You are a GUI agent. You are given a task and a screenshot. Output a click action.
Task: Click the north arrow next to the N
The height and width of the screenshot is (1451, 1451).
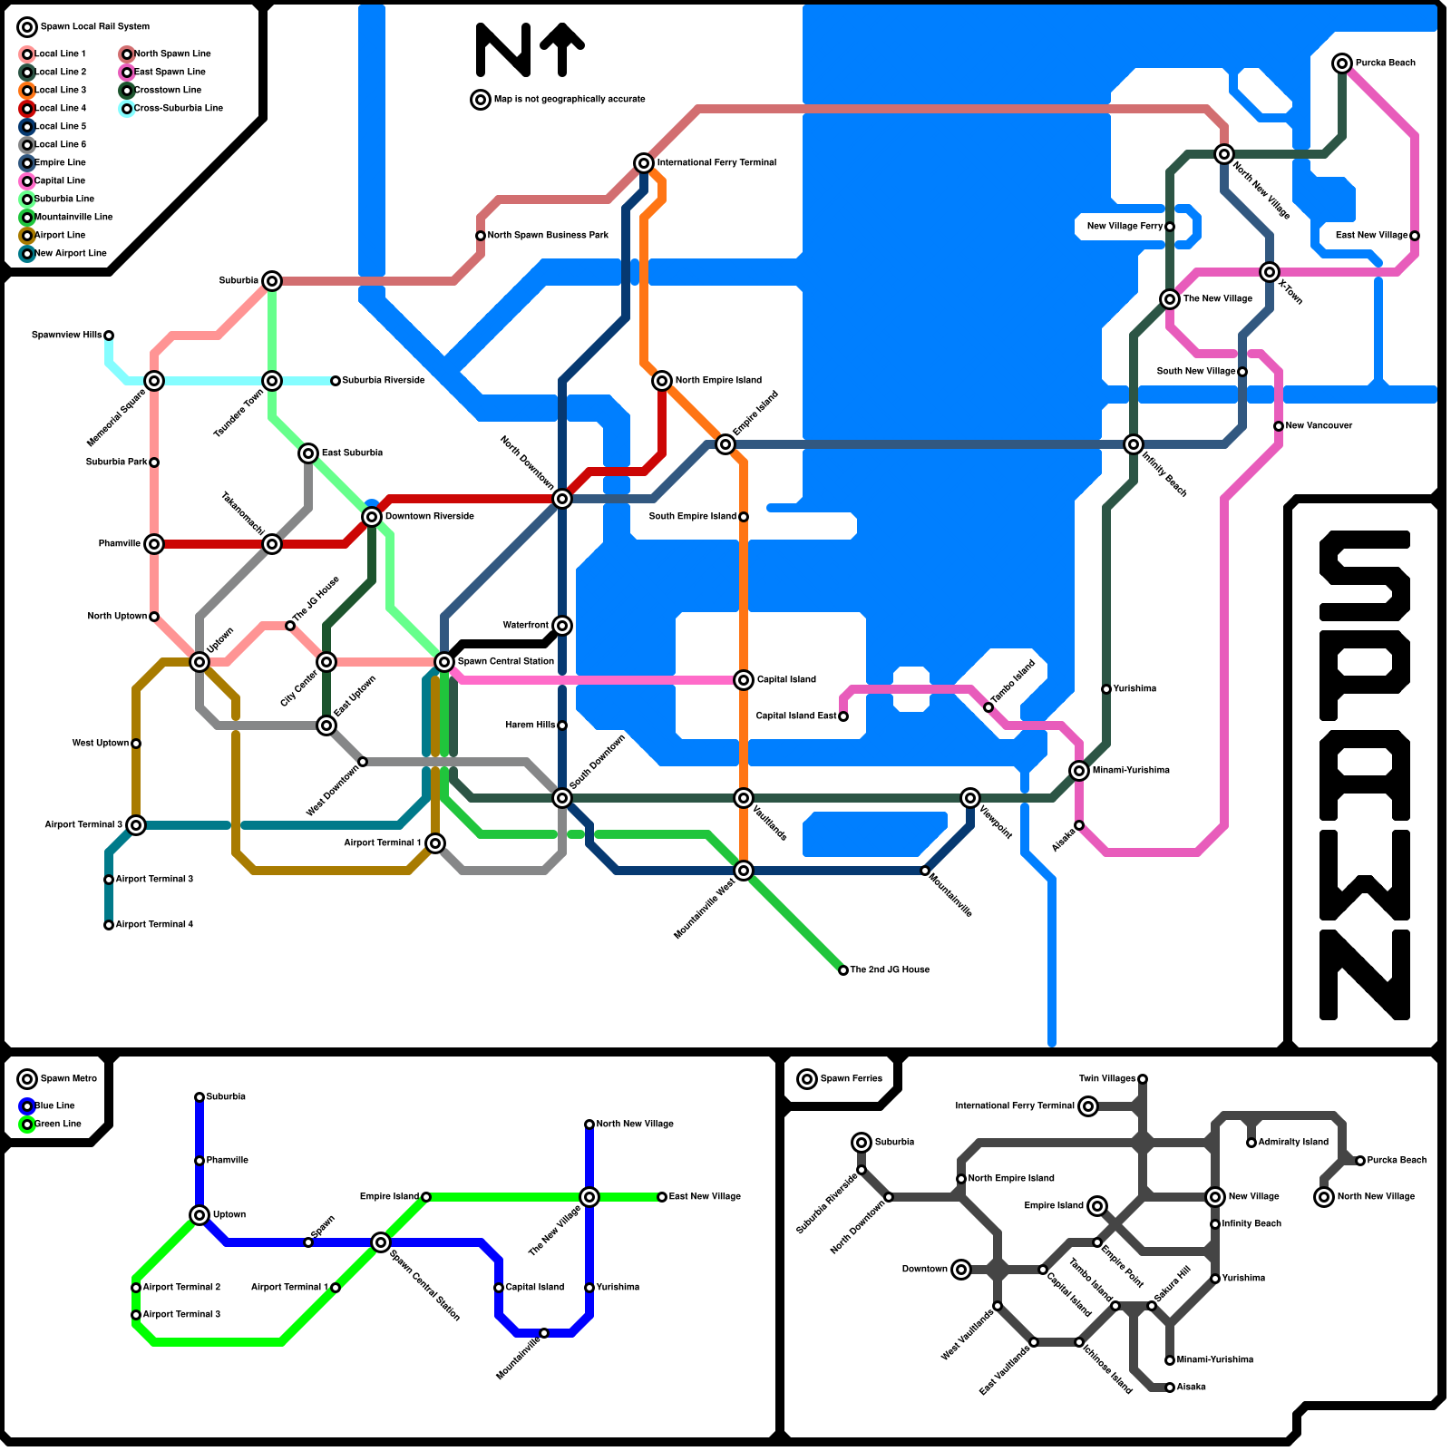(x=562, y=49)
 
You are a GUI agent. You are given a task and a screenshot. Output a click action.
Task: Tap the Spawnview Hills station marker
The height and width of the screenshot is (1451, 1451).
(x=109, y=336)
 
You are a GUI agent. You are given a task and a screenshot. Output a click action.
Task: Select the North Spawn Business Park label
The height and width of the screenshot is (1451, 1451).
(x=548, y=235)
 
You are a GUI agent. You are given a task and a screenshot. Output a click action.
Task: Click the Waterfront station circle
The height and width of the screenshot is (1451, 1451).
(x=562, y=626)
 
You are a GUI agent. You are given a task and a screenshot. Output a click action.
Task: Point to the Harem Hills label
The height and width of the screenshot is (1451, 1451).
(x=530, y=725)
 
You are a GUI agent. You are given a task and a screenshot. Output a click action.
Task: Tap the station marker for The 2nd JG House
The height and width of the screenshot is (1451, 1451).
(x=843, y=970)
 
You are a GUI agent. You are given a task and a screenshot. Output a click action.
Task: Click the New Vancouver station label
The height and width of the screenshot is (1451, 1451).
(x=1319, y=425)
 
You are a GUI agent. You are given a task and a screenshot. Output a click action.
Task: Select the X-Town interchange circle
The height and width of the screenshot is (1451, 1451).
(x=1270, y=272)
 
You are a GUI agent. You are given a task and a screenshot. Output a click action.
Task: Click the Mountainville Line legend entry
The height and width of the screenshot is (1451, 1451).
(x=73, y=217)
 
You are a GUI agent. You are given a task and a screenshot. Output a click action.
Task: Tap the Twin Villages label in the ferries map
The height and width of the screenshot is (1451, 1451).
(x=1106, y=1078)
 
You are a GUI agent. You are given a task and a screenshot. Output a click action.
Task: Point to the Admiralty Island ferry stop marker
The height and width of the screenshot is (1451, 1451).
(x=1251, y=1143)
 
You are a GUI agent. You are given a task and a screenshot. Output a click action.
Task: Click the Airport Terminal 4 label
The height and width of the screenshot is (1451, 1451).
(x=154, y=924)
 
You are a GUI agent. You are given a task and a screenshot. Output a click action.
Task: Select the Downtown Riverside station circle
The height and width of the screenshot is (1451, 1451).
(x=372, y=517)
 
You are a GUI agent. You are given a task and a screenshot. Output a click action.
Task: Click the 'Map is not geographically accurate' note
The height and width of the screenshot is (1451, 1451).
(x=570, y=99)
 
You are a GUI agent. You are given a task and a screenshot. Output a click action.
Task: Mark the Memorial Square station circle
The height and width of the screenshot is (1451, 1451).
(x=154, y=381)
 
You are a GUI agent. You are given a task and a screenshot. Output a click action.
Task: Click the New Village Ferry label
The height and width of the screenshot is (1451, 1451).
(x=1125, y=226)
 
